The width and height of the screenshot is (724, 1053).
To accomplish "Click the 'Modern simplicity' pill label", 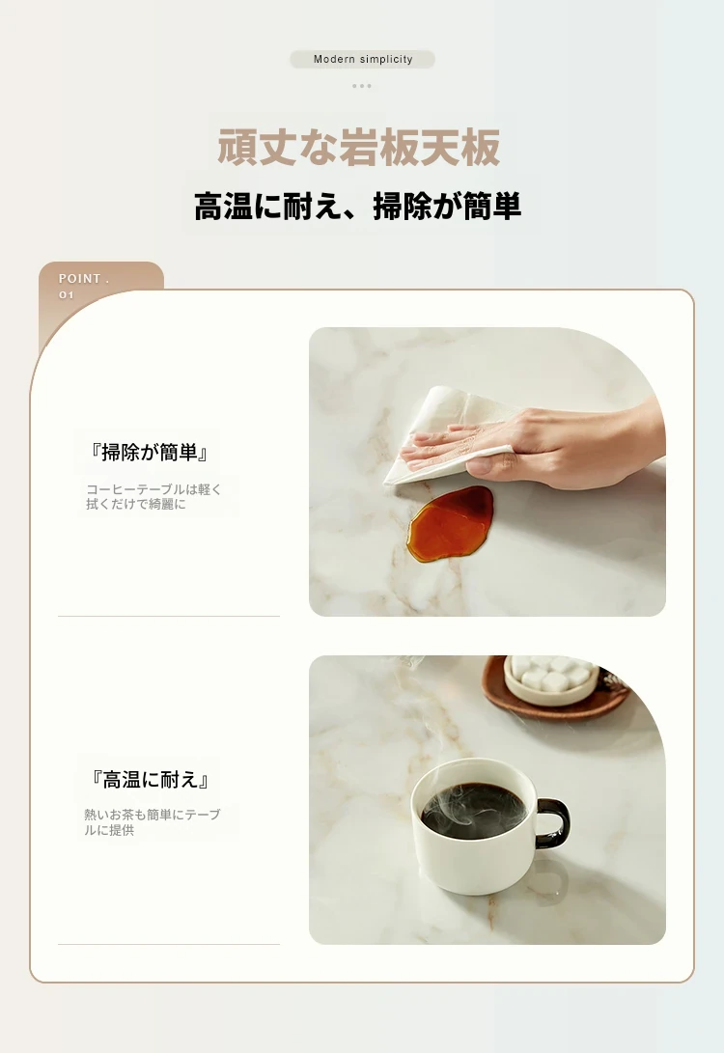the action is (x=363, y=59).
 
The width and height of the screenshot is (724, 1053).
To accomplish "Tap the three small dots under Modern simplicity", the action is (x=361, y=86).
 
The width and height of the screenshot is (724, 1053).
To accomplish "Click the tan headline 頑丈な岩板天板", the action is (x=359, y=147).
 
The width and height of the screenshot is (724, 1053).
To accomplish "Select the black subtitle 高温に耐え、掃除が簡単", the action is (x=357, y=206).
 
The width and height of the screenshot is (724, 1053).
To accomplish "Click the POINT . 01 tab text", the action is (x=83, y=286).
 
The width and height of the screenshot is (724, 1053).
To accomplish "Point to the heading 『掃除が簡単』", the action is (x=149, y=452).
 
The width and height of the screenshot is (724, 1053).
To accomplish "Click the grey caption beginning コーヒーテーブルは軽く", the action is (x=153, y=496).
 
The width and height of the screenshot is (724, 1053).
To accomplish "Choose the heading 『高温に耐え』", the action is (x=150, y=779).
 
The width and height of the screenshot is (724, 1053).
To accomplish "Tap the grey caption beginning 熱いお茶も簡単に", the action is (x=152, y=822).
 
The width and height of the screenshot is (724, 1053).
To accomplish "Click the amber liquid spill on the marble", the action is (x=451, y=523).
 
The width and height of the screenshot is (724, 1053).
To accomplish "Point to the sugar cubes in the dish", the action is (x=551, y=673).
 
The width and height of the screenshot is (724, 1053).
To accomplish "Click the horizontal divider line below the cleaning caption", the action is (x=169, y=616).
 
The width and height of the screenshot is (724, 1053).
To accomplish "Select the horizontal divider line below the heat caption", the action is (x=169, y=944).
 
